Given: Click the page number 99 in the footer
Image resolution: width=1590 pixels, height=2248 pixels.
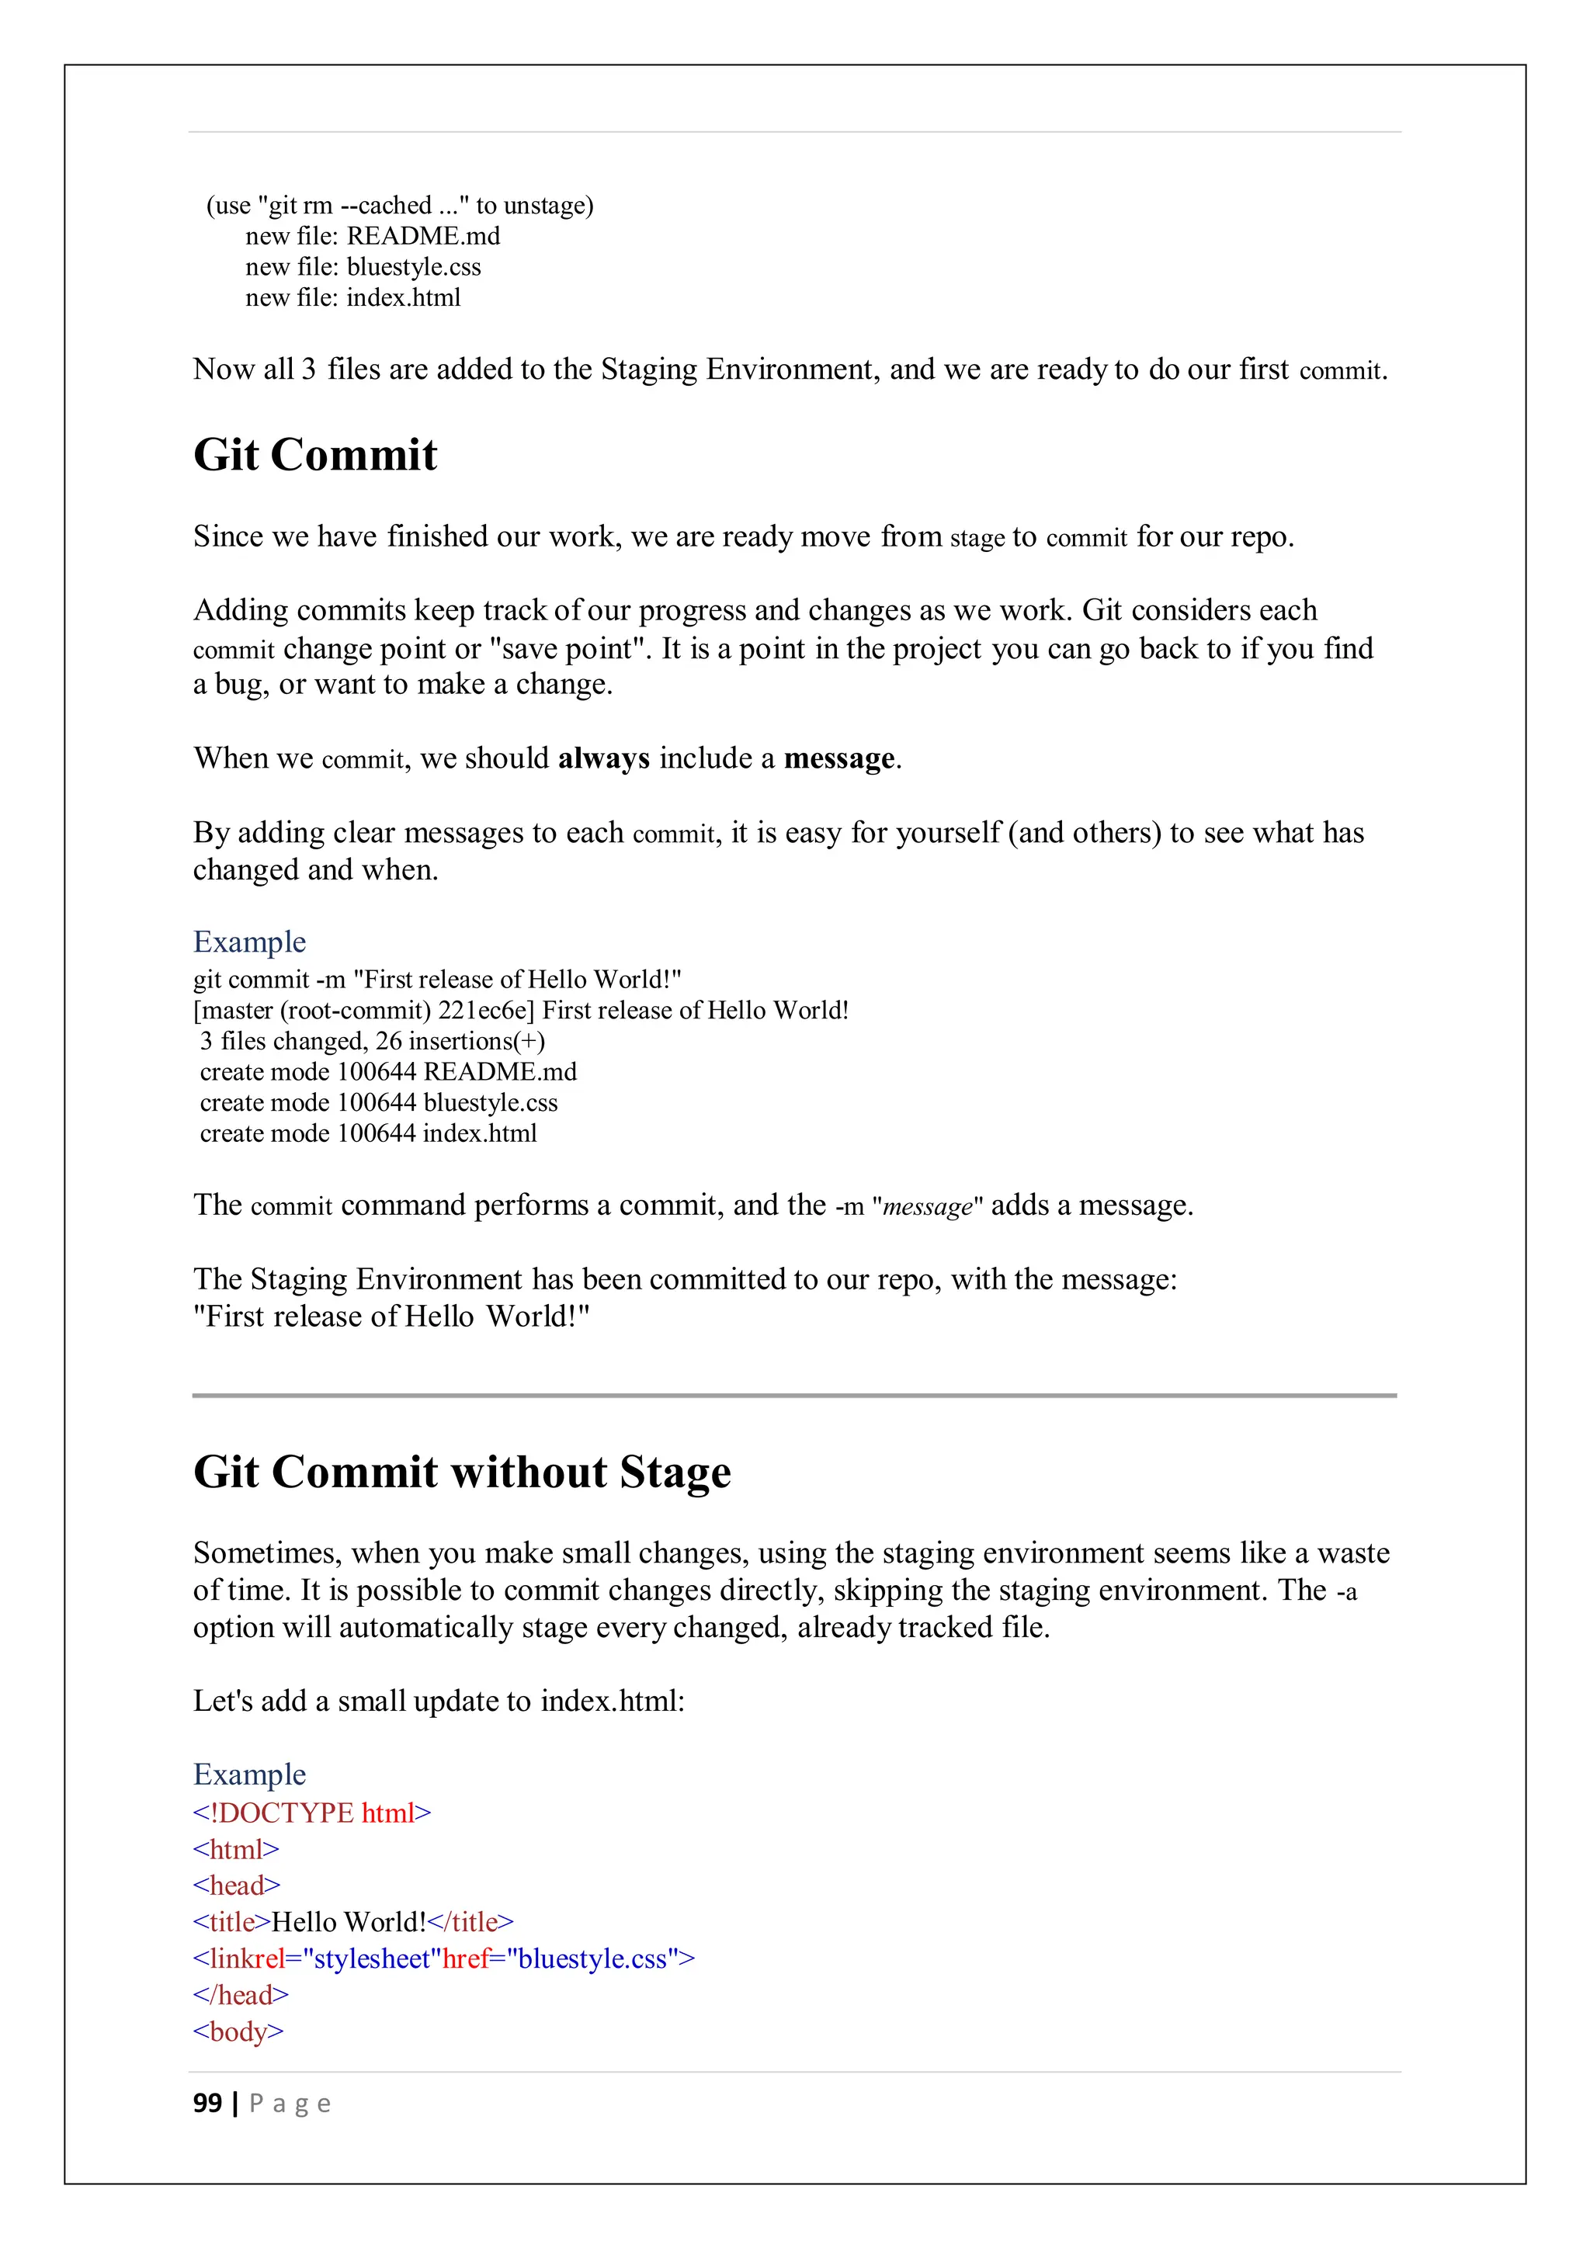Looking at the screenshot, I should [207, 2103].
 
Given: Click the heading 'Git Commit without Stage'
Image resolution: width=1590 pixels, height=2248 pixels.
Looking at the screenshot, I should [462, 1473].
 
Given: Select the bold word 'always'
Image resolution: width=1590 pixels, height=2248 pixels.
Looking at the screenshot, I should [603, 759].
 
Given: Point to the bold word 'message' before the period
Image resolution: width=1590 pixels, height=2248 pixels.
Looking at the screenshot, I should [839, 759].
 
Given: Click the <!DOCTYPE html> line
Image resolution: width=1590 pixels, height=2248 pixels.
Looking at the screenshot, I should [311, 1813].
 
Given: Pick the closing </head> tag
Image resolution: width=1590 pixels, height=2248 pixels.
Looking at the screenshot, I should [241, 1996].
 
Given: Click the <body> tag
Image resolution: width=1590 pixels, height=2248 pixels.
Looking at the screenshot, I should [238, 2031].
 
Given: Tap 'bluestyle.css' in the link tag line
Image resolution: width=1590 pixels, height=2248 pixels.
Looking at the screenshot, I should [592, 1959].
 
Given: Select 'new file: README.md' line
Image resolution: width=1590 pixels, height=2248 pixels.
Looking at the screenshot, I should [372, 236].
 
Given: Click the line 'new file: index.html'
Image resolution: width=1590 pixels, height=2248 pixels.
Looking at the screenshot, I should [352, 297].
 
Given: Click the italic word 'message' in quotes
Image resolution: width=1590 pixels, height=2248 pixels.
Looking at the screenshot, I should [927, 1206].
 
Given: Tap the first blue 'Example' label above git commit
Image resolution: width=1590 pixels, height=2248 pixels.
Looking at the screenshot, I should [250, 942].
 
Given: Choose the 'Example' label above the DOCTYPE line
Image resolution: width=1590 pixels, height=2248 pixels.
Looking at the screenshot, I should [250, 1775].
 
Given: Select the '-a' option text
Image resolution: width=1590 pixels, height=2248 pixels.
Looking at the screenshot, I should [1346, 1592].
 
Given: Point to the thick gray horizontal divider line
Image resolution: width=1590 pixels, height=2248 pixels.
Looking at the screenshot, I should [794, 1395].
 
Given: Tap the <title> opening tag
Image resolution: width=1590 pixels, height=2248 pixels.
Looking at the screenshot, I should [232, 1923].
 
